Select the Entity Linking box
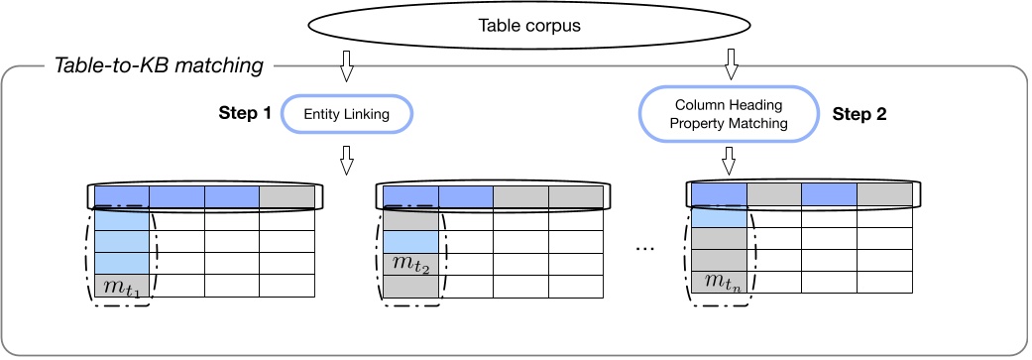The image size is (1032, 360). pos(346,115)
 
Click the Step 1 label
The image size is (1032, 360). pos(244,114)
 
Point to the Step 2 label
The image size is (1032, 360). pos(859,114)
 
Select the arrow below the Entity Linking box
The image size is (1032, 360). pos(346,160)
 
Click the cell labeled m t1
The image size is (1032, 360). pos(122,286)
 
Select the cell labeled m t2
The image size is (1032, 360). pos(410,264)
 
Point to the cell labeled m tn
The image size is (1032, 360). pos(718,283)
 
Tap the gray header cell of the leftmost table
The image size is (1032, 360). pos(287,196)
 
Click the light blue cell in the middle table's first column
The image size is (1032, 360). pos(410,241)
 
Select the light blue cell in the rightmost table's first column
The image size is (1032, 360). pos(718,216)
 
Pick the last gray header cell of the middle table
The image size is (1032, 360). pos(576,196)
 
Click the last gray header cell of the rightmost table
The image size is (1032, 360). pos(884,194)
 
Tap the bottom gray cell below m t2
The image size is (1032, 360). pos(410,286)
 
